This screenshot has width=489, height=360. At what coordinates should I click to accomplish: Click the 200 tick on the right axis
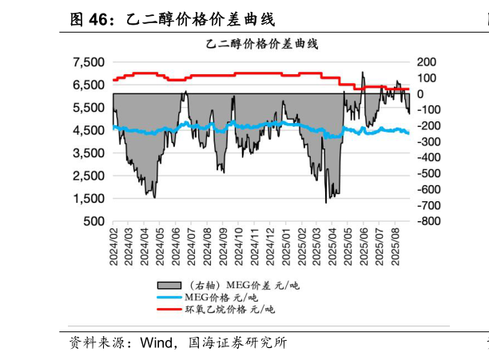pos(427,62)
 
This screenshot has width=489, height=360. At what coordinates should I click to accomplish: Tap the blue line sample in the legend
pos(169,297)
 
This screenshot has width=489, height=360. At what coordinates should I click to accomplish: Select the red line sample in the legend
pos(169,309)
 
